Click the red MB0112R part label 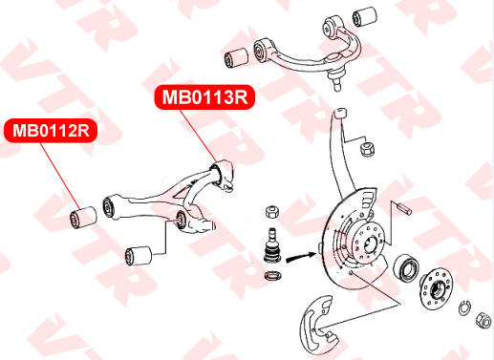(x=51, y=131)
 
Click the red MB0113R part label (x=204, y=97)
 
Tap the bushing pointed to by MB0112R (x=83, y=217)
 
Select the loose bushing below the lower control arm (x=139, y=255)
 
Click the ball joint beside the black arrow (x=271, y=246)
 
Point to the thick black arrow (x=301, y=257)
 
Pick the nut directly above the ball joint (x=272, y=212)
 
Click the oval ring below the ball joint (x=273, y=275)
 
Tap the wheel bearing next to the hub (x=406, y=265)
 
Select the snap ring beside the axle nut (x=464, y=308)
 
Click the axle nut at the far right (x=483, y=320)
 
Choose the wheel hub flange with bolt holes (x=437, y=288)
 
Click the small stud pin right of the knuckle (x=404, y=208)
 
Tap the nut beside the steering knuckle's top (x=367, y=149)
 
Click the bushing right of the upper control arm (x=365, y=15)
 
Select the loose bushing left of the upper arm (x=236, y=58)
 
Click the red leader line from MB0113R (x=199, y=136)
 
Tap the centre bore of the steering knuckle (x=370, y=244)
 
